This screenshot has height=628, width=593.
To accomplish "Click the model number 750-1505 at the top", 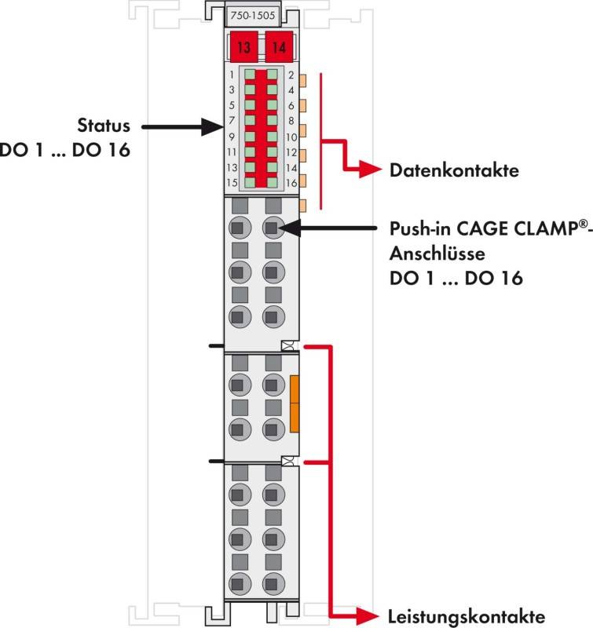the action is pos(252,16).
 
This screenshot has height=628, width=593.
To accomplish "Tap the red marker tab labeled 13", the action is pos(244,47).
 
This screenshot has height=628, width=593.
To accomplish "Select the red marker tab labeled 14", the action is pos(279,47).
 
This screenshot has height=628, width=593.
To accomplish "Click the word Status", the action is pos(104,126).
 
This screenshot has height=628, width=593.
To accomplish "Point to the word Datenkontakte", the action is pos(454,170).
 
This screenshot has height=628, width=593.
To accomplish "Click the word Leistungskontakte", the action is pos(467,616).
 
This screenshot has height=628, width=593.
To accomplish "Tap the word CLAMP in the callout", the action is pos(546,228).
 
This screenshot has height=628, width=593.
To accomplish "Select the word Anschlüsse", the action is pos(437,254).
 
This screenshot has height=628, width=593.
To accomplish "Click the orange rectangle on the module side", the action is pos(294,403).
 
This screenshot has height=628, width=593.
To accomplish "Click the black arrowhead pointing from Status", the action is pos(212,127).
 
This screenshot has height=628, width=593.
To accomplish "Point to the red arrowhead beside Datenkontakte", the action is pos(371,169).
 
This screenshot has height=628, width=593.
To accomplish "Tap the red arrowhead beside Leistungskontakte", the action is pos(367,615).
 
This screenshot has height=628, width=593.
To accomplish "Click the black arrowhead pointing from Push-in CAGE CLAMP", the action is pos(289,228).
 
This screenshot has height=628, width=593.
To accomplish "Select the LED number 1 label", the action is pos(232,75).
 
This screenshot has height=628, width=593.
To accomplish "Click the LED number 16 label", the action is pos(291,183).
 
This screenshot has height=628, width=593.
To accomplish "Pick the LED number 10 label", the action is pos(291,137).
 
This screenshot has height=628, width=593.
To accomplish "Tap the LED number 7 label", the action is pos(232,120).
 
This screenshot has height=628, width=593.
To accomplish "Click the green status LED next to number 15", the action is pos(250,182).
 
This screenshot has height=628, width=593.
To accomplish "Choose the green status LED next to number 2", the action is pos(272,74).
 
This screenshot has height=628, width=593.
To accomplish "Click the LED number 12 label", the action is pos(291,152).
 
